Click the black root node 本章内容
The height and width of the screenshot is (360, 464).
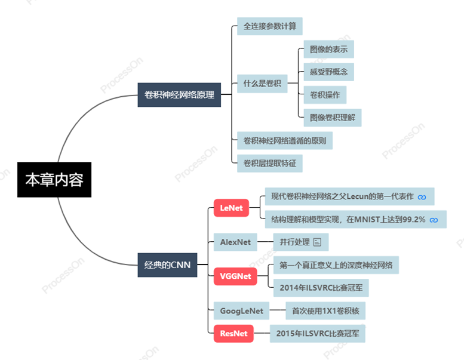tap(54, 179)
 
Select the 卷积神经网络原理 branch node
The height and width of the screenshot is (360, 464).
tap(179, 94)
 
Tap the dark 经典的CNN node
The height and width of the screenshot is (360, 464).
tap(167, 264)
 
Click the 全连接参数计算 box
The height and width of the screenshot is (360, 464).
tap(270, 26)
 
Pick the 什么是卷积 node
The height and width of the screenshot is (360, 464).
tap(262, 84)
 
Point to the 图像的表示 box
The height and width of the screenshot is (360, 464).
tap(328, 49)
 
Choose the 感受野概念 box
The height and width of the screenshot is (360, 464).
tap(328, 72)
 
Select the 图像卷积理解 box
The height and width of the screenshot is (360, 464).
tap(332, 118)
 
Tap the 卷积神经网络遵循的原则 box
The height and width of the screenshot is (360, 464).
tap(285, 141)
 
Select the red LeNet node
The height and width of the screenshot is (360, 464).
tap(231, 208)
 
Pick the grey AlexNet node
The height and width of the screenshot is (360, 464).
tap(235, 242)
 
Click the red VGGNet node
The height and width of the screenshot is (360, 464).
tap(235, 276)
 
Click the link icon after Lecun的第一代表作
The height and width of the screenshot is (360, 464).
tap(422, 196)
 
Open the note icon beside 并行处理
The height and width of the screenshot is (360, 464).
tap(317, 242)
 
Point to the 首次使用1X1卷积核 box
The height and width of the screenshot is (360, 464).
tap(325, 311)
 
